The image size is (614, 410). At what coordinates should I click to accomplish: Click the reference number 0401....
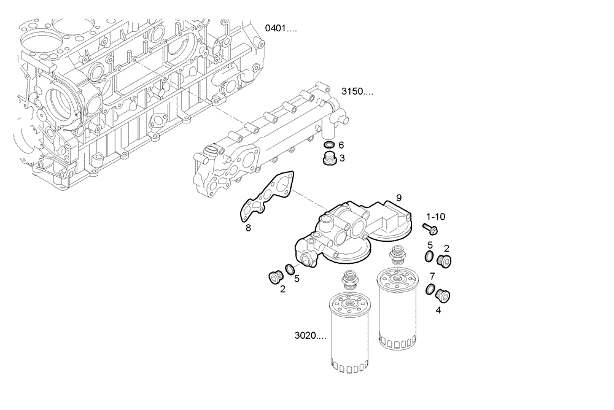click(x=280, y=28)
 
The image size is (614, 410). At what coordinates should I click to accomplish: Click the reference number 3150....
click(x=357, y=92)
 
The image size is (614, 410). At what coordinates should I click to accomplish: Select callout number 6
click(x=341, y=145)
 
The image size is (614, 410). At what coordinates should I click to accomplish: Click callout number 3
click(x=342, y=158)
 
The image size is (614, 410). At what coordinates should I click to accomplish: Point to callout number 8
click(x=248, y=228)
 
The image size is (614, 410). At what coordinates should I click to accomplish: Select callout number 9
click(x=398, y=198)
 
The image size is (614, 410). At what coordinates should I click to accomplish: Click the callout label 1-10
click(x=436, y=217)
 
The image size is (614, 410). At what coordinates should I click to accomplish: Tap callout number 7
click(x=432, y=276)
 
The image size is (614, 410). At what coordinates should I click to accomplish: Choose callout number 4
click(x=438, y=310)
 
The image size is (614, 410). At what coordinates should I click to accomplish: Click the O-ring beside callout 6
click(x=328, y=145)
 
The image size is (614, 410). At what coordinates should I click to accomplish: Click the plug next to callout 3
click(x=328, y=161)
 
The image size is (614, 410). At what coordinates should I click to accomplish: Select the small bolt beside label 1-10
click(x=428, y=230)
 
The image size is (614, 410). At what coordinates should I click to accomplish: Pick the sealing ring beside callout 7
click(x=430, y=289)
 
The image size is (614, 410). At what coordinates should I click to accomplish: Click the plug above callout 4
click(x=441, y=295)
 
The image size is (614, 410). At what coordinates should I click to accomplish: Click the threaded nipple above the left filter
click(x=350, y=279)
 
